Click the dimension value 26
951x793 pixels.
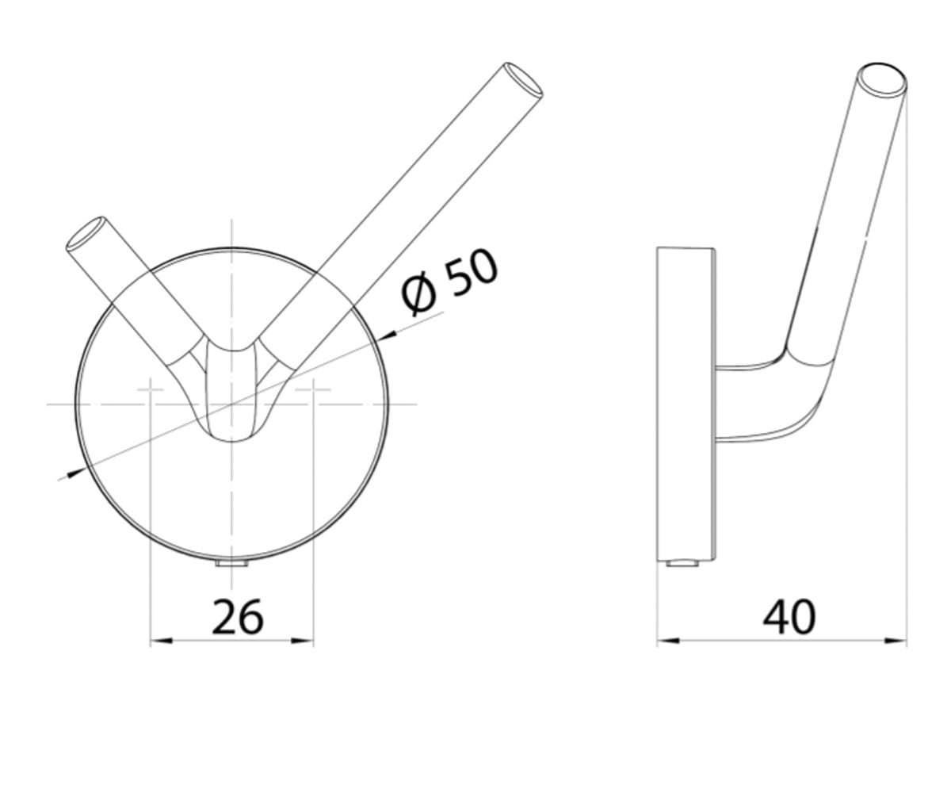pos(237,617)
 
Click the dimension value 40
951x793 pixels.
pos(789,617)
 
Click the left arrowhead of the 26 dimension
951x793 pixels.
pos(161,641)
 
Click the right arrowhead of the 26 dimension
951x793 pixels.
pos(303,641)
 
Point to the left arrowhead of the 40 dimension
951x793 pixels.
pos(669,641)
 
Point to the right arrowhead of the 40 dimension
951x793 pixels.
pos(896,641)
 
